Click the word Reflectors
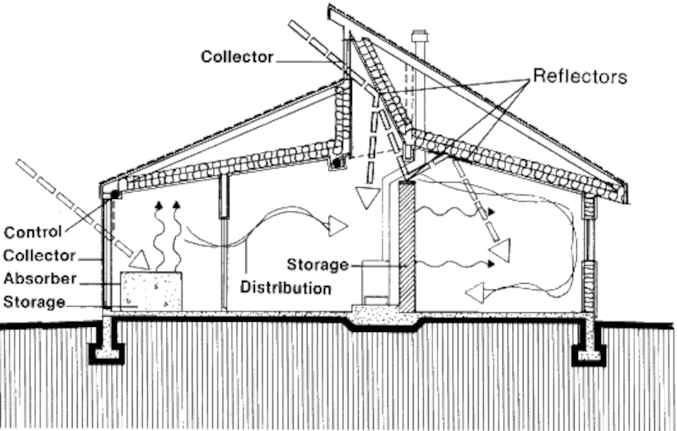coord(580,77)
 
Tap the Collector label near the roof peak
coord(237,57)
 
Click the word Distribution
coord(285,287)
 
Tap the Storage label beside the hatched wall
coord(317,265)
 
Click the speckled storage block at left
coord(151,290)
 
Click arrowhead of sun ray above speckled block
coord(140,253)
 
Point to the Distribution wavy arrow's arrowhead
coord(337,225)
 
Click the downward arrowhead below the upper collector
coord(366,197)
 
